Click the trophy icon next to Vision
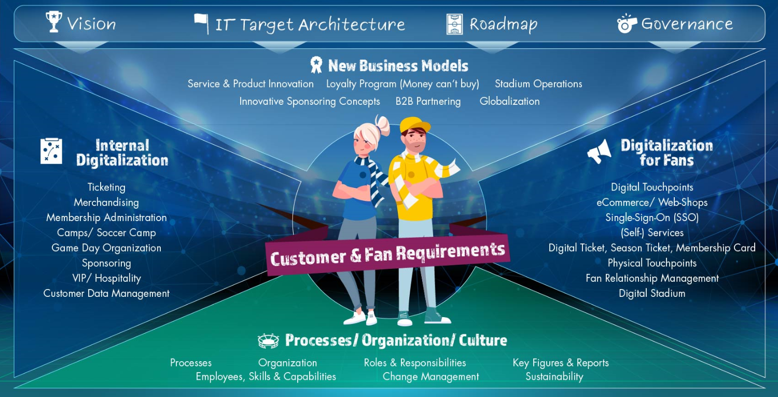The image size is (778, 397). point(54,22)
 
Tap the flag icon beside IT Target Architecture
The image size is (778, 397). point(202,24)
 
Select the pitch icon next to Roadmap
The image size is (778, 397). point(454,24)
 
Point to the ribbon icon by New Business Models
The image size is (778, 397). point(316,65)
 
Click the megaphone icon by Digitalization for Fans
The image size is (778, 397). point(599,151)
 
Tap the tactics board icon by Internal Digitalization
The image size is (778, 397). point(51,151)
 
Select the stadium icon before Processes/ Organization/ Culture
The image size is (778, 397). point(268,340)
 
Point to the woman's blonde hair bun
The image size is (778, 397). point(383,125)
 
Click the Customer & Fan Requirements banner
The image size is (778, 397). point(387,254)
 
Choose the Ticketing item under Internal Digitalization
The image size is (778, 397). point(106,187)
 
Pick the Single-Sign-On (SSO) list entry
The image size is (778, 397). point(652,217)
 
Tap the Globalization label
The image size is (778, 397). point(509,101)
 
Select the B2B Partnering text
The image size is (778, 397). point(428,101)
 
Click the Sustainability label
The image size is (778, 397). point(554,376)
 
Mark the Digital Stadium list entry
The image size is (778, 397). point(652,293)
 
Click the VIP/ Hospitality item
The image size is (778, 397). point(106,278)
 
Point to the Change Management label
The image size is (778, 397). point(430,376)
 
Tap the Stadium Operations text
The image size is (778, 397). point(538,84)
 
